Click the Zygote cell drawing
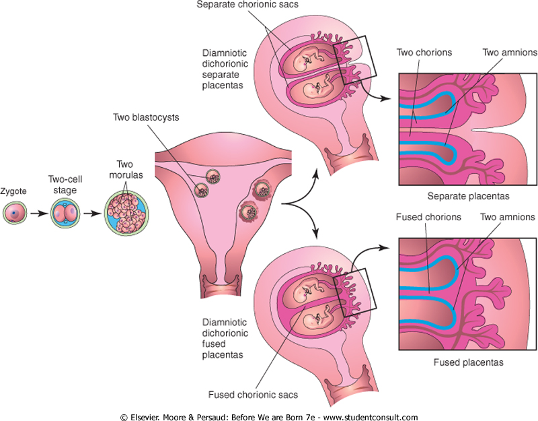point(15,214)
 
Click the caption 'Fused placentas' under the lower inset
point(469,362)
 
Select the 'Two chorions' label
point(424,52)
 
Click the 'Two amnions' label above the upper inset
point(508,52)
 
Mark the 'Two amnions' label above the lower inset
point(508,217)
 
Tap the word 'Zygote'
point(14,191)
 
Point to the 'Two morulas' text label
point(126,168)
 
